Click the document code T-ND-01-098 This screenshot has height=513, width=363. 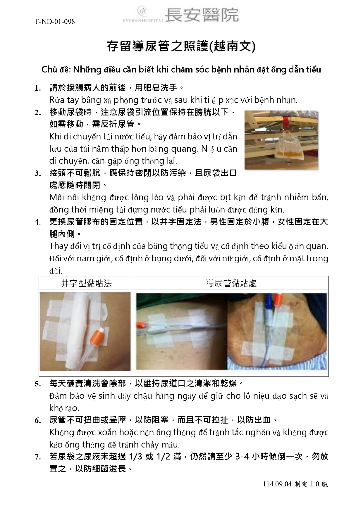(x=55, y=22)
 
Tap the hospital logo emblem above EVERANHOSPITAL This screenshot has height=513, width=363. (x=143, y=11)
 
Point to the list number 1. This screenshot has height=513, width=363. (x=38, y=88)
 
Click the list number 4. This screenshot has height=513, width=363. (x=38, y=222)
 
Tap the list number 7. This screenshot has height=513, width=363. (x=38, y=457)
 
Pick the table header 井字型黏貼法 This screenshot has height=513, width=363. (x=87, y=283)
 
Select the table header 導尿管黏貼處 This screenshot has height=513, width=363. (x=231, y=283)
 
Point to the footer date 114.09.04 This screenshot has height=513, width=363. (x=277, y=484)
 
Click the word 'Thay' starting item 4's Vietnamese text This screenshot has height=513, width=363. (x=59, y=246)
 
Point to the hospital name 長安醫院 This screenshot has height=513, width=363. (x=202, y=15)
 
